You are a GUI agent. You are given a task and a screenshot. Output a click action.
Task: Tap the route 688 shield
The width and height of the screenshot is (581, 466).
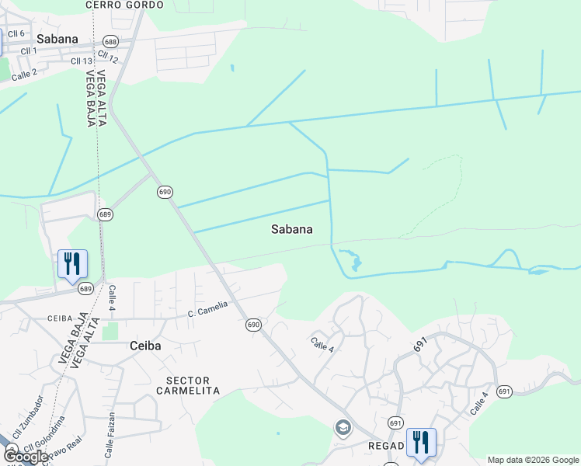point(111,42)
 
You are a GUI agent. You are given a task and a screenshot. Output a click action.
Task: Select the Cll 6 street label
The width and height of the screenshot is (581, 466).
point(17,33)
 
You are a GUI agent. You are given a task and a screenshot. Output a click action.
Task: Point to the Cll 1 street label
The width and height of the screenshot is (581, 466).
point(30,50)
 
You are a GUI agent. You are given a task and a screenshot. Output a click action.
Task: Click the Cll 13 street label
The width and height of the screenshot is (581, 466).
point(82,61)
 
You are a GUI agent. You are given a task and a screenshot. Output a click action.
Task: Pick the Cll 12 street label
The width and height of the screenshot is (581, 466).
point(109,57)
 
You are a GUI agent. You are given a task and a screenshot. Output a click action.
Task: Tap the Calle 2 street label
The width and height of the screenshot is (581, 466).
point(24,75)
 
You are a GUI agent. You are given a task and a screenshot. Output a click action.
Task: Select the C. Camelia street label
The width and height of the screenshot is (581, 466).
point(207,308)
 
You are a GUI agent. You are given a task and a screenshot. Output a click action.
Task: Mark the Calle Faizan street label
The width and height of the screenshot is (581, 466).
point(110,435)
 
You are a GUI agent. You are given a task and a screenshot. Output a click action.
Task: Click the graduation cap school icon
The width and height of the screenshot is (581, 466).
point(343,427)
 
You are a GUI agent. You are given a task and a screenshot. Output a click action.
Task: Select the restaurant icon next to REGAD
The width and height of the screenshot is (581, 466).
point(420,442)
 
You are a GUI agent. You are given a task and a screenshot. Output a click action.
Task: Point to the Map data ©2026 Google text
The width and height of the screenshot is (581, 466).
point(532,460)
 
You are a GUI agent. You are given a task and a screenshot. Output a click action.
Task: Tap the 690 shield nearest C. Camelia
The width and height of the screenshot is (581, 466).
point(253,324)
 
